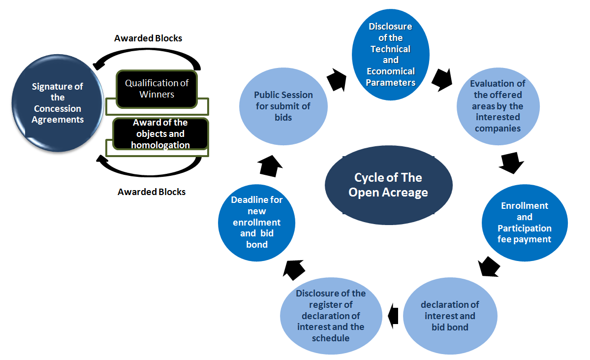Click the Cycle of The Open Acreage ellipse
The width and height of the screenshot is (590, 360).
388,185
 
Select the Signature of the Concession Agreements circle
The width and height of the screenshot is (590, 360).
58,103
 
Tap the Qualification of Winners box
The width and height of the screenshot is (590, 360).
156,89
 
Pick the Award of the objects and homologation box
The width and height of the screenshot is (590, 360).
160,133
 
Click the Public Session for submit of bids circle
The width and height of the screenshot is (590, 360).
283,106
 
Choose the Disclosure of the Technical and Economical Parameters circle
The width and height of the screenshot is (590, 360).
391,55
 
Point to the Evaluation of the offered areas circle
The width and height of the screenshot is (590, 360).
497,106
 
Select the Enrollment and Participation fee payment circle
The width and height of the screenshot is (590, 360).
525,223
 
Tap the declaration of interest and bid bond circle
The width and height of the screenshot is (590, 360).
450,316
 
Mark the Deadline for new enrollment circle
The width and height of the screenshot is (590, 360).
256,223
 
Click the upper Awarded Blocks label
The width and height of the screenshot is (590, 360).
148,38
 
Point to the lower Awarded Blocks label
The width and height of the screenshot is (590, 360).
152,192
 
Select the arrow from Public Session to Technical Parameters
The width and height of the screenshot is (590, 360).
337,79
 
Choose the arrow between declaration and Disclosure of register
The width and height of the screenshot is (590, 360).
393,316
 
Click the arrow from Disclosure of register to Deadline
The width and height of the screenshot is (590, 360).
295,269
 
